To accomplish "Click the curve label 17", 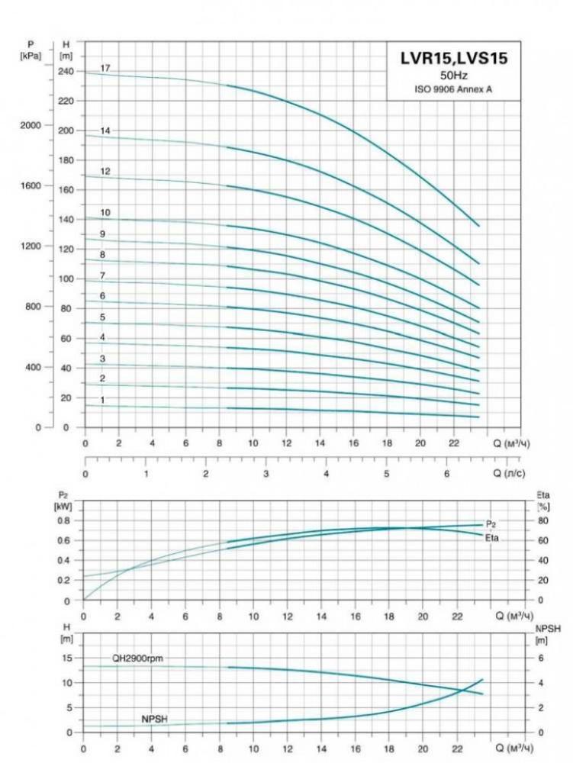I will [x=105, y=69].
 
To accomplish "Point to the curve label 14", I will [x=105, y=131].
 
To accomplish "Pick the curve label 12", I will [x=105, y=172].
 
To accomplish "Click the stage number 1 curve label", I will [x=102, y=400].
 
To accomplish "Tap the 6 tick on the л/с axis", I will [x=447, y=473].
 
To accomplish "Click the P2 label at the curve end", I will [x=492, y=524].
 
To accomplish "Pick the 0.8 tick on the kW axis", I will [x=64, y=520].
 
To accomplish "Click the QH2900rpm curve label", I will [x=137, y=658].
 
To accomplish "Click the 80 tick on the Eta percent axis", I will [x=542, y=520].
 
